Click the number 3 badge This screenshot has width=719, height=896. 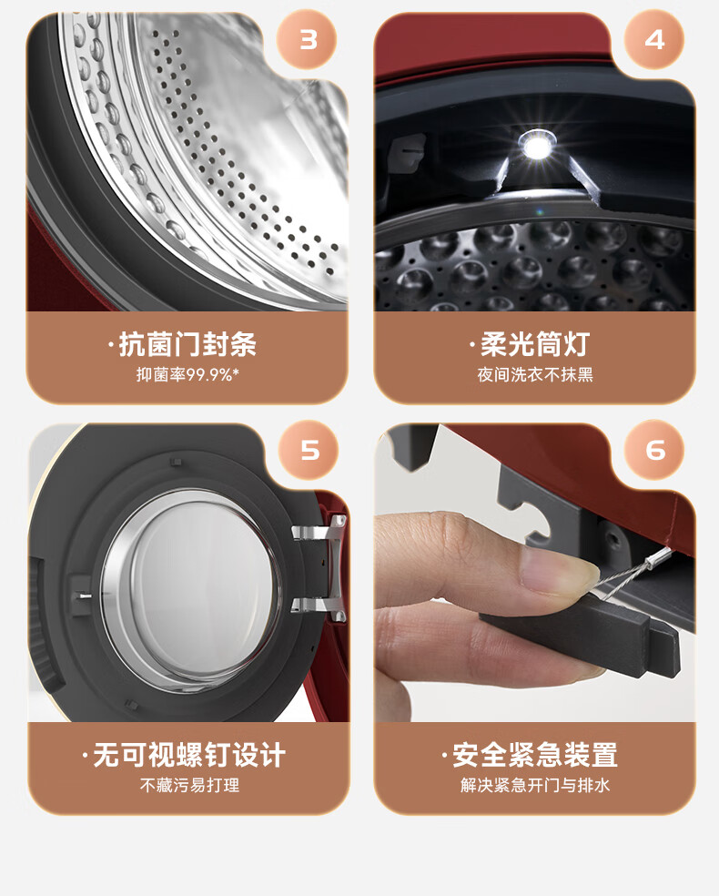[307, 39]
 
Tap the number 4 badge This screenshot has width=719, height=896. [653, 39]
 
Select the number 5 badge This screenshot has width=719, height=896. [309, 450]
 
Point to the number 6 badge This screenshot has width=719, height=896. [654, 450]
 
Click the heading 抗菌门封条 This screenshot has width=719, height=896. [187, 344]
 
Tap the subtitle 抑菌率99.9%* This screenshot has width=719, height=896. [187, 375]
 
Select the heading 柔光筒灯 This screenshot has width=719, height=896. [535, 344]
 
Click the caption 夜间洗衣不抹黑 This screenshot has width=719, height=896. [535, 375]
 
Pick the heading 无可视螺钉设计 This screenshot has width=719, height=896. [189, 755]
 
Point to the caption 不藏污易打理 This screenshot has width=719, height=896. [189, 785]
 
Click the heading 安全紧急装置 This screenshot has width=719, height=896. [535, 755]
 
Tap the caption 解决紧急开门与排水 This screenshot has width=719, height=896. [535, 785]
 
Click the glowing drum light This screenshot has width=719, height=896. [536, 147]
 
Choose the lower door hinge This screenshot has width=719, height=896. [319, 608]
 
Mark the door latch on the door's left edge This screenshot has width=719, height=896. [80, 595]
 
